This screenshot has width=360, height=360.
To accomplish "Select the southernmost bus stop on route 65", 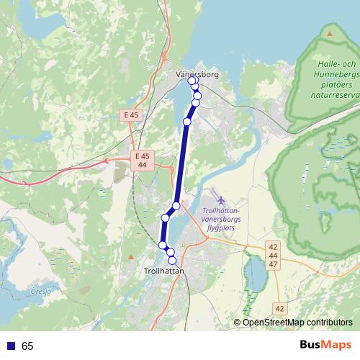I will tap(172, 260).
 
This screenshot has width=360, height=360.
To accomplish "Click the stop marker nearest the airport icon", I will tap(176, 206).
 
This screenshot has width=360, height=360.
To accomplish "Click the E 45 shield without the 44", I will tap(130, 114).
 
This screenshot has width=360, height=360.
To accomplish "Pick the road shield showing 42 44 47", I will tap(272, 256).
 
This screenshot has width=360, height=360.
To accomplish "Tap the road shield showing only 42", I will tap(279, 308).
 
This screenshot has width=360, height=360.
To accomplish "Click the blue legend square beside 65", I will tap(9, 346).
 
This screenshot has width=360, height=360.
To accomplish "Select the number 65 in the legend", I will tap(27, 346).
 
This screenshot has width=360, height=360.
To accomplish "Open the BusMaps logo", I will tap(326, 346).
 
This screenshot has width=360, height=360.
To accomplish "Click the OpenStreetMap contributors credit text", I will tap(297, 323).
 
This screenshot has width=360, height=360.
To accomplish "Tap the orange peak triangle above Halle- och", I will tap(330, 33).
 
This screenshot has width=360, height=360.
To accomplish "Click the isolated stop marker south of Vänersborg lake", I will tap(187, 122).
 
